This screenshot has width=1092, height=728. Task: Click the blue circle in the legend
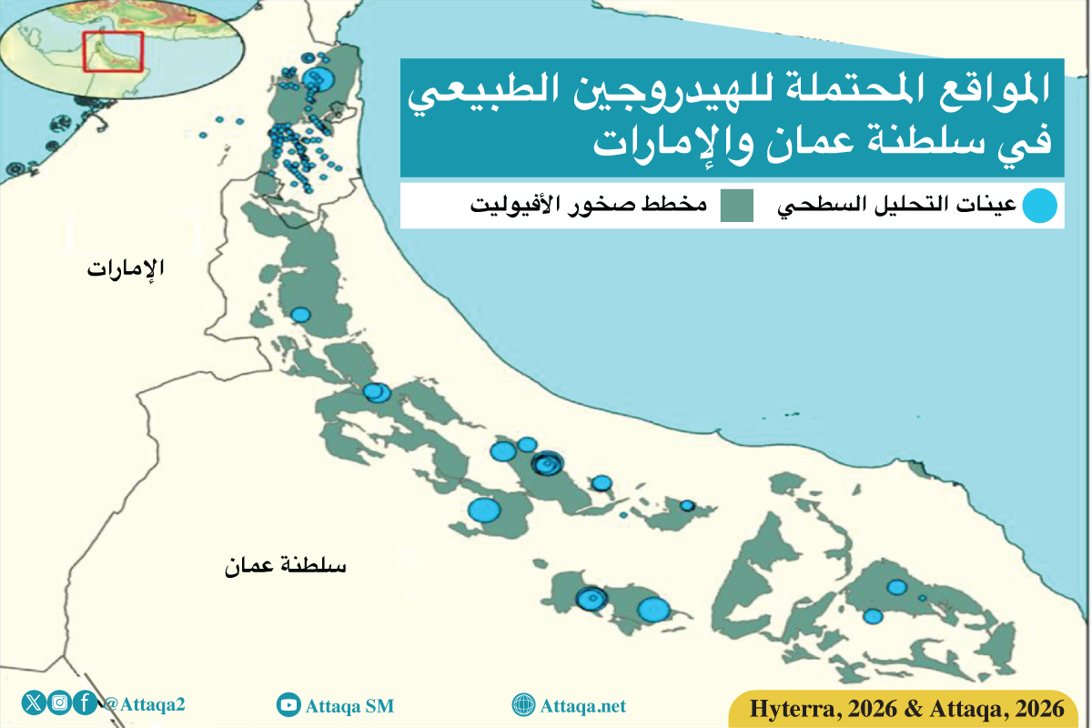[x=1039, y=206]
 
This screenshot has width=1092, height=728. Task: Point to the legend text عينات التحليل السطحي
[x=896, y=206]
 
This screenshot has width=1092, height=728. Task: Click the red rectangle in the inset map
[x=113, y=51]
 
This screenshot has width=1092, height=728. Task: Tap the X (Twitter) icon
[x=35, y=703]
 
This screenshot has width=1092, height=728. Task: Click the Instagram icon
[x=60, y=703]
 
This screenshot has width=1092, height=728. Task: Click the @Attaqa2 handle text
[x=145, y=703]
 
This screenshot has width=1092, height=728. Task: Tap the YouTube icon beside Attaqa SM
[x=288, y=704]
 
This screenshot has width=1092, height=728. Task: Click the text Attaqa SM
[x=349, y=705]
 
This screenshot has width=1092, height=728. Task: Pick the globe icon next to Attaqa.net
[x=523, y=705]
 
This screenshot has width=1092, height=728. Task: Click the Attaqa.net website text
[x=583, y=705]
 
